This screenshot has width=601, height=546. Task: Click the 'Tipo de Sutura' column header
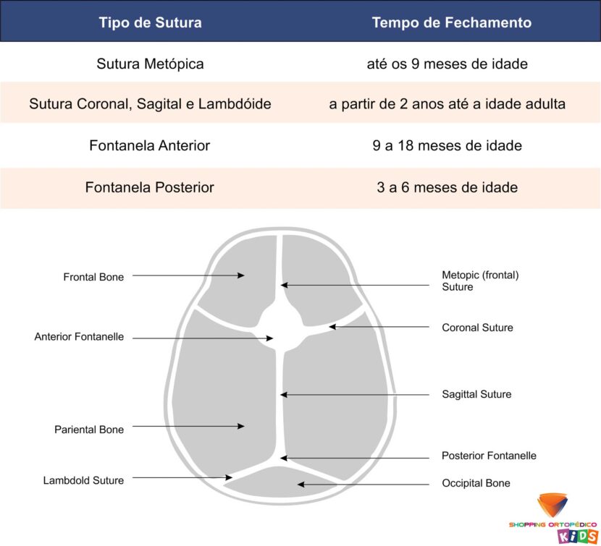pos(151,22)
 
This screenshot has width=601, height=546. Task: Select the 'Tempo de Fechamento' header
pos(452,22)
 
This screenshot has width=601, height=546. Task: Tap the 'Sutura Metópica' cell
pos(150,64)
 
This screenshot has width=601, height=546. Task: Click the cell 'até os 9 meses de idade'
pos(447,64)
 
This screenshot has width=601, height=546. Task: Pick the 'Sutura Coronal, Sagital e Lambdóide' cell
pos(150,104)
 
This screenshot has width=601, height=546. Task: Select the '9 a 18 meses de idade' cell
pos(447,145)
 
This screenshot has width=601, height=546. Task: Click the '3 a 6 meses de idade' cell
pos(447,187)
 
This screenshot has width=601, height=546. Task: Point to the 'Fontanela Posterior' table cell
pos(149,187)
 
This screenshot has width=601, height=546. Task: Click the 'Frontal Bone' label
pos(93,277)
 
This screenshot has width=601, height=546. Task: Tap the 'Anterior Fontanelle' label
pos(79,336)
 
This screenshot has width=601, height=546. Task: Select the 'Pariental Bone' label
pos(89,430)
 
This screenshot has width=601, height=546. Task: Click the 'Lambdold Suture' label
pos(83,480)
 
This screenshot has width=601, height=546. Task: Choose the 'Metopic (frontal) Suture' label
pos(480,281)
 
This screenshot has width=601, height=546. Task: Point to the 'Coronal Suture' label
pos(477,328)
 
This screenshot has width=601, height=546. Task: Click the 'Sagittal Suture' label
pos(476,394)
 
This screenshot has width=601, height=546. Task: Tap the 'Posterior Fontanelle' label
pos(489,456)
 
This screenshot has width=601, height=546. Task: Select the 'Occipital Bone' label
pos(476,483)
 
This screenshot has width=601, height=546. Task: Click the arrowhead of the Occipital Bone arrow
pos(301,485)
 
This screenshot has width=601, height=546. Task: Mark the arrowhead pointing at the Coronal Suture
pos(332,327)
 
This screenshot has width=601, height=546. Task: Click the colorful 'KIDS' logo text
pos(578,536)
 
